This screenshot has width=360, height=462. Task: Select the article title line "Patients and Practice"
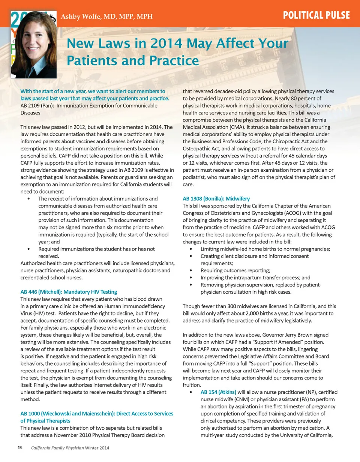tap(132, 60)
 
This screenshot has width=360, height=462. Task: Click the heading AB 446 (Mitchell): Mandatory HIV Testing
tap(69, 291)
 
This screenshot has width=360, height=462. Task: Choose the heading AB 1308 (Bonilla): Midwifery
tap(216, 198)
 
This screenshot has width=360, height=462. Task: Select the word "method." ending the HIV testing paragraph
tap(30, 399)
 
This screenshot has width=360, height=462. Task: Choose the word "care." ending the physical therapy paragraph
tap(189, 184)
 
